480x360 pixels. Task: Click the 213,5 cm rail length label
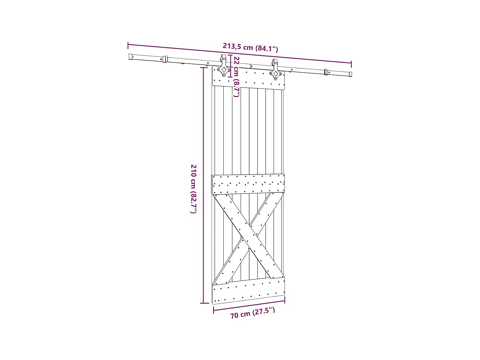coord(250,47)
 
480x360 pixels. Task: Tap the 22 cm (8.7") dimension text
coord(236,77)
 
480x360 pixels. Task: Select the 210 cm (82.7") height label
coord(194,189)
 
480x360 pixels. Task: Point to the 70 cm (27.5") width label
coord(252,313)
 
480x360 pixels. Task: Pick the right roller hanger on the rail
coord(275,70)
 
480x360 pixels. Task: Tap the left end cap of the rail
coord(131,57)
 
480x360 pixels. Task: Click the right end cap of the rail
coord(350,74)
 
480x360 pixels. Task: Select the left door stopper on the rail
coord(165,59)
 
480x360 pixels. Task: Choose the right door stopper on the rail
coord(326,72)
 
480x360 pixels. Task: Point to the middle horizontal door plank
coord(248,184)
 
